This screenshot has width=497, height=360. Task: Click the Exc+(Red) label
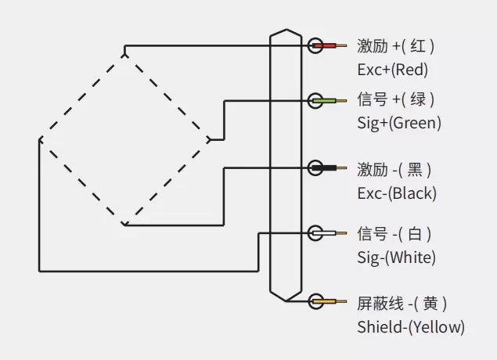click(392, 70)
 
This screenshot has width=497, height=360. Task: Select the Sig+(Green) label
click(399, 123)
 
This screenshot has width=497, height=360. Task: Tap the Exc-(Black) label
click(397, 193)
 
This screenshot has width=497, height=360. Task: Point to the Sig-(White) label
click(397, 257)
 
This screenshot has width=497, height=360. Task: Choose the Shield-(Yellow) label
click(411, 326)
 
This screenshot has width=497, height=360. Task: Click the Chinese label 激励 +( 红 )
click(395, 46)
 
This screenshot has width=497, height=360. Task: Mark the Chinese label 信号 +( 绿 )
click(395, 100)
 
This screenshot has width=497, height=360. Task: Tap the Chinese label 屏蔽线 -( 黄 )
click(403, 303)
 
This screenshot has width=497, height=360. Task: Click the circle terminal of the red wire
click(315, 45)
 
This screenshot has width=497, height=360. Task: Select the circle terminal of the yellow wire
click(315, 301)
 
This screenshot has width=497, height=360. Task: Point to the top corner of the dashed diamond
click(124, 53)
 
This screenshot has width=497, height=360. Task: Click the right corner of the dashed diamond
click(210, 139)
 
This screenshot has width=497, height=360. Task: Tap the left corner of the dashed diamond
click(40, 139)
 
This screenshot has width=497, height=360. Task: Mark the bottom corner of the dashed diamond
click(124, 225)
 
